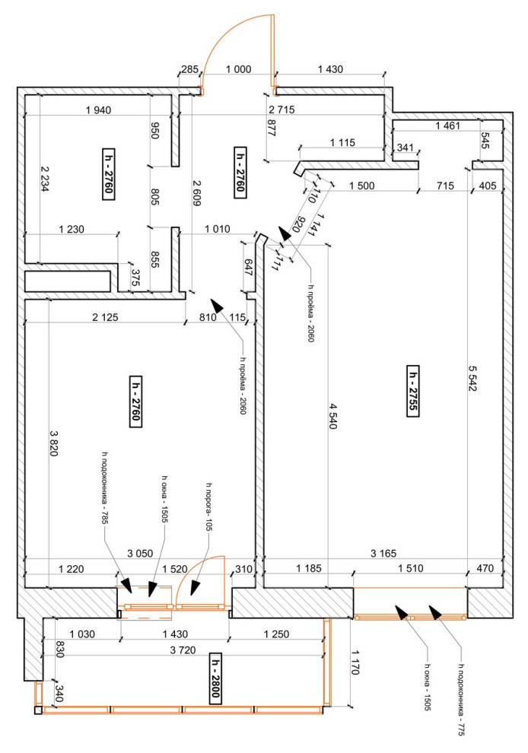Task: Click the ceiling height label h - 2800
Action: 215,678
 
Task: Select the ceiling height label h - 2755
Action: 412,392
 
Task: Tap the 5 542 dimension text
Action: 473,379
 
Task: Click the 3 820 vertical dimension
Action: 54,443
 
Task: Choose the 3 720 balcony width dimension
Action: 183,650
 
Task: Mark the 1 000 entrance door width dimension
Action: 238,69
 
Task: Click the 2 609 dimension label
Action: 196,193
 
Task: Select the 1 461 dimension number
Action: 448,125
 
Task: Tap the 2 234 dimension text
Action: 45,180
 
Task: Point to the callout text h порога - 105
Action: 209,507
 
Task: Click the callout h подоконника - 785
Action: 104,487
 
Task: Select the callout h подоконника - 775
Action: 461,700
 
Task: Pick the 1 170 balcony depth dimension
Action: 355,662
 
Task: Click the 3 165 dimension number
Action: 383,554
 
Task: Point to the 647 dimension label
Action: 248,267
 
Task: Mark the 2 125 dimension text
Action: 105,317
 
